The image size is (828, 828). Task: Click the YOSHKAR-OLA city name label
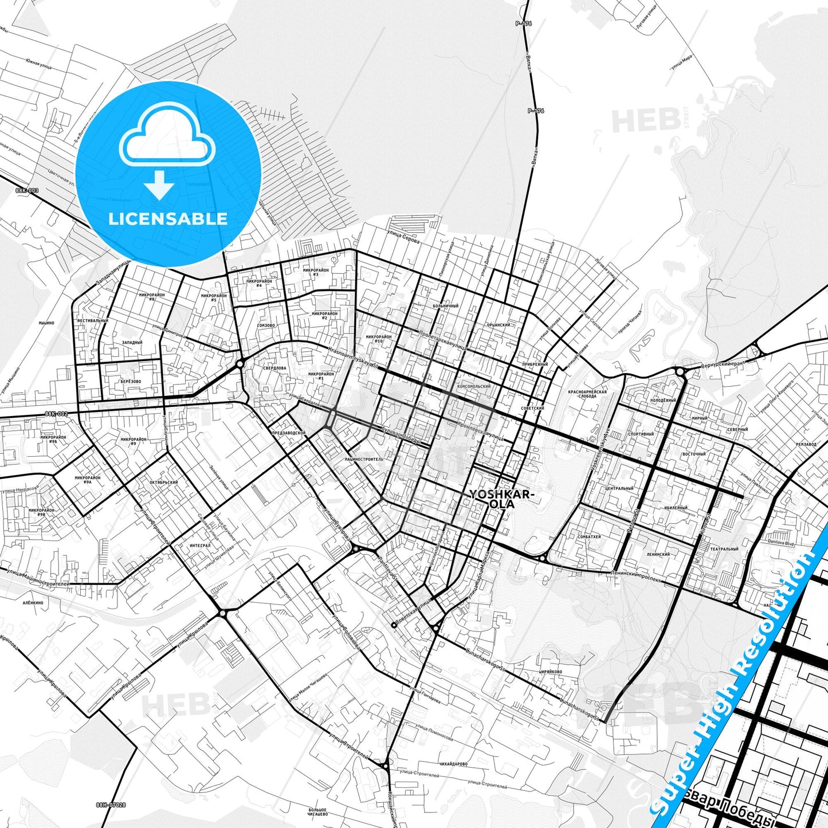[502, 500]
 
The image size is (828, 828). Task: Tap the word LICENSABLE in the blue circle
[168, 218]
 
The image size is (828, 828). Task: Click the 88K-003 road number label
[27, 190]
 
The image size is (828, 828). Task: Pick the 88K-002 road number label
[56, 414]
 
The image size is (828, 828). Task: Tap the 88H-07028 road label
[111, 804]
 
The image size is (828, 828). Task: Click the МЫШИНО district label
[46, 323]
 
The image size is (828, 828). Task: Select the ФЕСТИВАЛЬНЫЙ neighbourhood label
[92, 321]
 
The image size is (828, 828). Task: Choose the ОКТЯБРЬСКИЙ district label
[163, 482]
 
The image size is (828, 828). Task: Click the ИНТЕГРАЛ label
[200, 546]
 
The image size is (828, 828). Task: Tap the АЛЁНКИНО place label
[33, 603]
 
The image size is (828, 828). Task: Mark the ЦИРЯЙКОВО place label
[550, 672]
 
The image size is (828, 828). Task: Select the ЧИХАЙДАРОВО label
[453, 764]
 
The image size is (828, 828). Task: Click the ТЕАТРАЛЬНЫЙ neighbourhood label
[724, 549]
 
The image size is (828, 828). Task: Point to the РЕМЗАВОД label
[806, 444]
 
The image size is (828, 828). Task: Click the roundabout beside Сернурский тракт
[680, 372]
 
